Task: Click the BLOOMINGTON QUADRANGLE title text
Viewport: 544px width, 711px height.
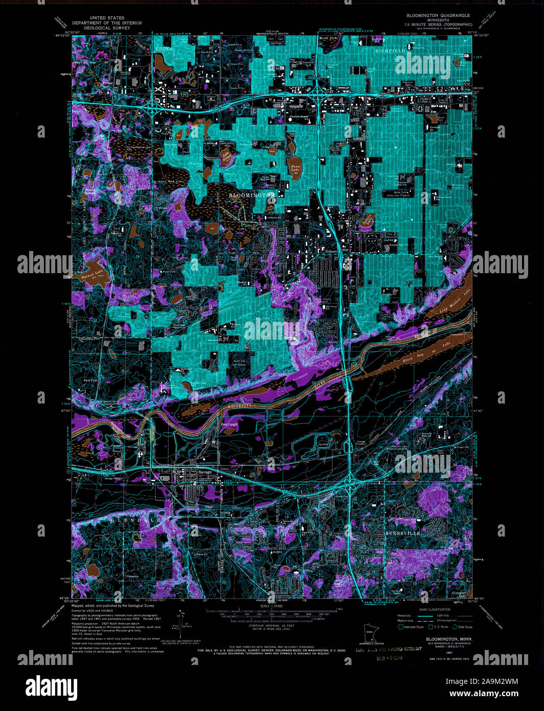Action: point(438,15)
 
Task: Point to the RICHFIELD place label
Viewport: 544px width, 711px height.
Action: point(390,51)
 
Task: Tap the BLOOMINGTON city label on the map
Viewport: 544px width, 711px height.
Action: point(252,195)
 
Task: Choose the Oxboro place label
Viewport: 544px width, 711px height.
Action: point(332,251)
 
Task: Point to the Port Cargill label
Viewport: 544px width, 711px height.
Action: point(229,424)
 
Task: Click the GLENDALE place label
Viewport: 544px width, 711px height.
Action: point(138,520)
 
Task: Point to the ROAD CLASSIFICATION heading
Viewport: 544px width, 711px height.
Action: point(435,609)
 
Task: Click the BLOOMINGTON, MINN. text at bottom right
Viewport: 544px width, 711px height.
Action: point(449,639)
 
